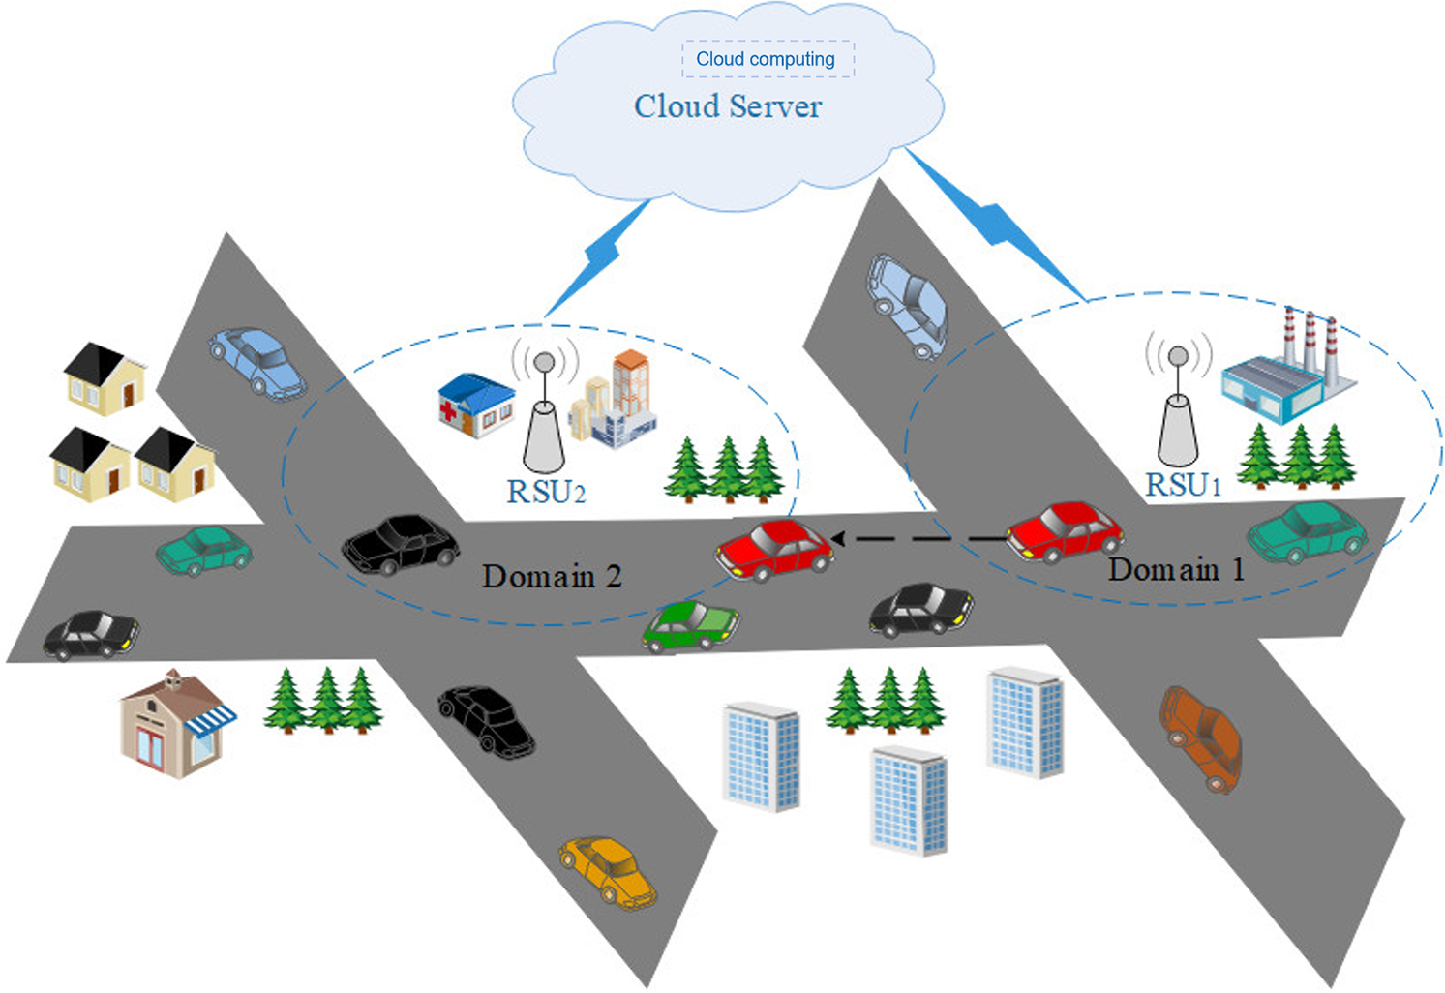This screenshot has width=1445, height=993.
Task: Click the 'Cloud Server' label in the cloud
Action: (x=728, y=106)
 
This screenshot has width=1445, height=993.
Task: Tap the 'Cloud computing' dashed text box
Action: (x=767, y=59)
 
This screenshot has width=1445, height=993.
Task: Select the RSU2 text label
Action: (x=546, y=492)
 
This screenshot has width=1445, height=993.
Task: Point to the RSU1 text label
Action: (x=1183, y=485)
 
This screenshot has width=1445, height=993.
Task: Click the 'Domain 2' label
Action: (x=552, y=577)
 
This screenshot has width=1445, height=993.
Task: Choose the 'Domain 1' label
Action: (x=1176, y=570)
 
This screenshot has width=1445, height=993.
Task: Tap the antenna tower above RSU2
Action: (x=544, y=416)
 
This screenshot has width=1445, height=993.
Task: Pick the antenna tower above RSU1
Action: (x=1178, y=411)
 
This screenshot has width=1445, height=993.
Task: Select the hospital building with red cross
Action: (x=476, y=405)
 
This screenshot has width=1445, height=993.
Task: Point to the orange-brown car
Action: (x=1201, y=737)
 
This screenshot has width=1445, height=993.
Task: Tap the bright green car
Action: (x=691, y=625)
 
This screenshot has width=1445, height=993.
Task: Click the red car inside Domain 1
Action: (x=1065, y=530)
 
